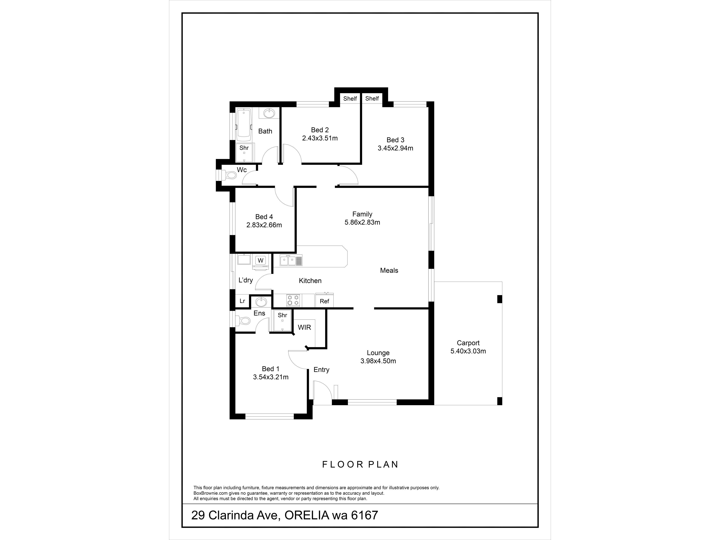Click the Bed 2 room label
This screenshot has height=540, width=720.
click(320, 130)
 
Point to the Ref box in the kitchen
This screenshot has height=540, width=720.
click(324, 301)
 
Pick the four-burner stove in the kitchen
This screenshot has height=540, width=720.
click(293, 300)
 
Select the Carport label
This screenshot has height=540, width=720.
click(468, 343)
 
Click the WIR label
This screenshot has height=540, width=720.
click(304, 327)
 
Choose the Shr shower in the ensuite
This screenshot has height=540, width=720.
click(283, 321)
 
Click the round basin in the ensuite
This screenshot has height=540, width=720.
click(261, 302)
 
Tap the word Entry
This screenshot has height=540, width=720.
click(321, 370)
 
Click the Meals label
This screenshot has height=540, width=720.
click(389, 271)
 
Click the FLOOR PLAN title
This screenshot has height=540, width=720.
click(360, 464)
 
